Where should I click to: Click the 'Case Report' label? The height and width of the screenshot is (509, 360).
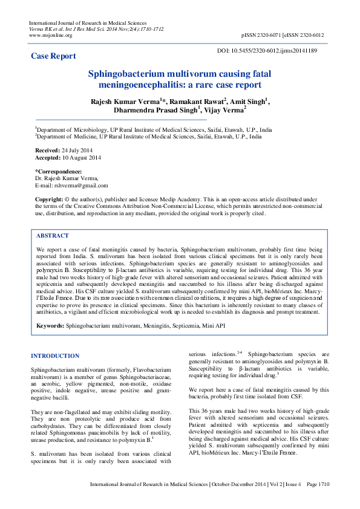pos(54,56)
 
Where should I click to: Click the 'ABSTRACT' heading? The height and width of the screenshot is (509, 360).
pos(53,236)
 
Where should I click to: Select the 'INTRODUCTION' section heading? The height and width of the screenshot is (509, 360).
pos(55,356)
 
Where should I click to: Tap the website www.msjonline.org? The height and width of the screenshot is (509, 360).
pos(51,35)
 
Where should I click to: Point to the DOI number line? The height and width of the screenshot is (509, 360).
pos(266,51)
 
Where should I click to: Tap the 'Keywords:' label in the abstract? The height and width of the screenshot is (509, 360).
pos(50,325)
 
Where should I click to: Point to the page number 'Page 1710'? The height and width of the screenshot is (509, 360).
pos(318,501)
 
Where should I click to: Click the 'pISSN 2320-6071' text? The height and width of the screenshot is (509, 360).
pos(265,35)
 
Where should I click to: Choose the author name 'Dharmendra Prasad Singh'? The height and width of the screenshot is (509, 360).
pos(155,111)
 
